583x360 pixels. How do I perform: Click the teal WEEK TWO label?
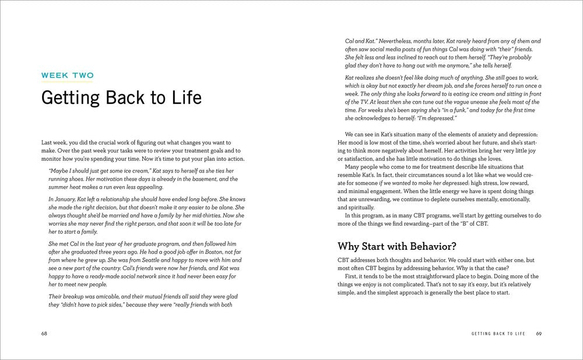click(x=67, y=75)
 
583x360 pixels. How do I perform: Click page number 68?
click(x=44, y=334)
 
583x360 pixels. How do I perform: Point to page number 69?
click(x=539, y=334)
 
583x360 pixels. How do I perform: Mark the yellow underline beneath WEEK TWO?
click(x=67, y=82)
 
